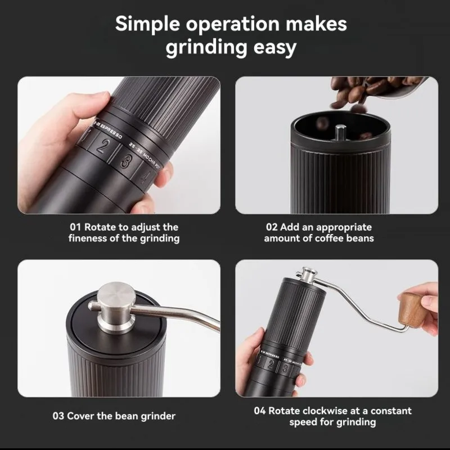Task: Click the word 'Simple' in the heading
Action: coord(147,24)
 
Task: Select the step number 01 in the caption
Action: coord(75,227)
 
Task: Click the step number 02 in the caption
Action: coord(272,227)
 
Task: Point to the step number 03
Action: coord(58,416)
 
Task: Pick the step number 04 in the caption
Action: coord(260,411)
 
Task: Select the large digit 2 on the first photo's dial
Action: coord(101,146)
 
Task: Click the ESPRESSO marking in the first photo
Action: coord(111,131)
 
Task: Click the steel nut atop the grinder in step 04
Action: coord(307,274)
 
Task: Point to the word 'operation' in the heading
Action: coord(233,25)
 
